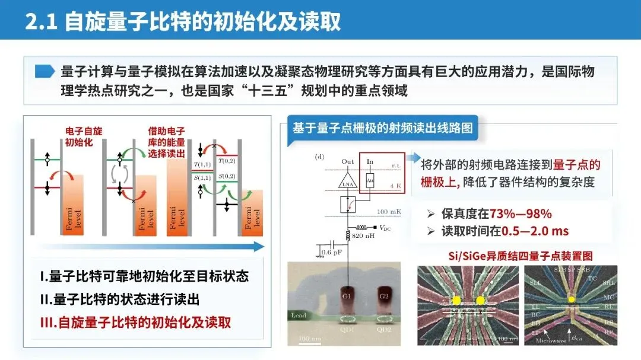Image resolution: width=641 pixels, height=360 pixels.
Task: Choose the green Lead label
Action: click(x=299, y=316)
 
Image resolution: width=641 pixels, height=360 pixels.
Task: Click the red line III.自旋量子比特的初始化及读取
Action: click(x=135, y=323)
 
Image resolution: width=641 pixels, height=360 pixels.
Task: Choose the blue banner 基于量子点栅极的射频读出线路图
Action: click(x=382, y=128)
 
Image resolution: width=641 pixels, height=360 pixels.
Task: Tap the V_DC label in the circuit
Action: click(x=386, y=228)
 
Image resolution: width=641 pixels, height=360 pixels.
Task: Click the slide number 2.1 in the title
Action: click(x=41, y=21)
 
